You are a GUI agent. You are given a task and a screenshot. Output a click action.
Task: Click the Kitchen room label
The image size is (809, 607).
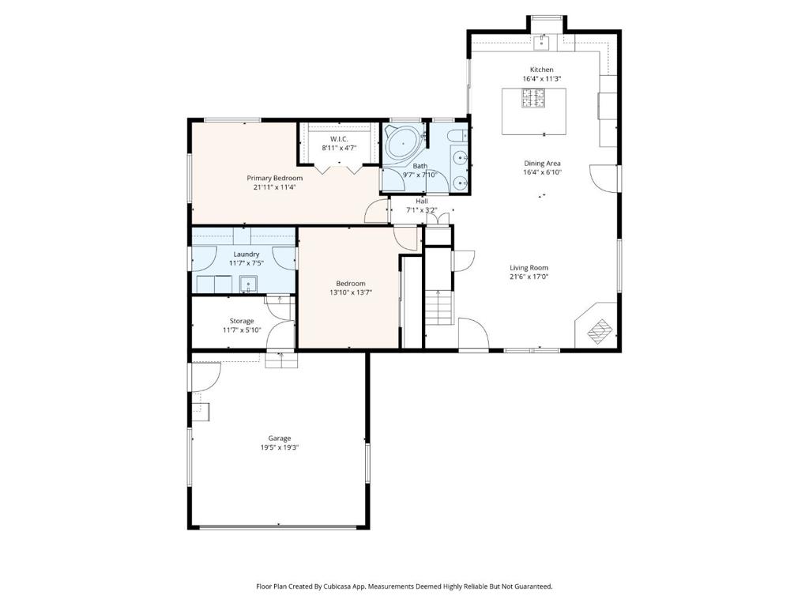542,70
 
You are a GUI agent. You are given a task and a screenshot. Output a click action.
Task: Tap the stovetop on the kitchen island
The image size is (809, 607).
533,99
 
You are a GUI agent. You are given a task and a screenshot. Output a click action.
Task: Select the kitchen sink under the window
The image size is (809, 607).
540,43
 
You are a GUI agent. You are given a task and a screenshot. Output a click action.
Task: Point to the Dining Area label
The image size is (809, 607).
542,164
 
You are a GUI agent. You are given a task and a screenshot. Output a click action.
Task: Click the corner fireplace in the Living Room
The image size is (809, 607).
597,326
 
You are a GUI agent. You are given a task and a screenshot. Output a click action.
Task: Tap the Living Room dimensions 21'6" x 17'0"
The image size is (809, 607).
529,277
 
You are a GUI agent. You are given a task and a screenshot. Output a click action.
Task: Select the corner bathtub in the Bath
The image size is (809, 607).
404,145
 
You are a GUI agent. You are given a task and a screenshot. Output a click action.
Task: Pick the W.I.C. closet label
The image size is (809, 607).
340,139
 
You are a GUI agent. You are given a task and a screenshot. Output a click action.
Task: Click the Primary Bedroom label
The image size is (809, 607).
274,178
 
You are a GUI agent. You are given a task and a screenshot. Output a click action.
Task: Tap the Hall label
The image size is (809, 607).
422,202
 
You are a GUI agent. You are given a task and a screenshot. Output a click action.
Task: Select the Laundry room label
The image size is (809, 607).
246,254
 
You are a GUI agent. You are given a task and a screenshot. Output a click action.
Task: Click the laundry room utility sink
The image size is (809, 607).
248,285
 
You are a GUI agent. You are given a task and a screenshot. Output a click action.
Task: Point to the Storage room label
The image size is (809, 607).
242,321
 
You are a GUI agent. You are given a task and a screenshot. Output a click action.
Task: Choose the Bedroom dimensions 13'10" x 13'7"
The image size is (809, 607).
351,292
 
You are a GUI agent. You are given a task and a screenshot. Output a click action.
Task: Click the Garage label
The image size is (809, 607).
279,439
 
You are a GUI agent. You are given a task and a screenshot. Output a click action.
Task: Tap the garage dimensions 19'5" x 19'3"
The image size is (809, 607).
280,447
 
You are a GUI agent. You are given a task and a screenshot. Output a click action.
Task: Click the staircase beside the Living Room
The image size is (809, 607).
438,307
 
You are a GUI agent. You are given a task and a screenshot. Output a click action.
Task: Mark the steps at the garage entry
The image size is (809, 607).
281,360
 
